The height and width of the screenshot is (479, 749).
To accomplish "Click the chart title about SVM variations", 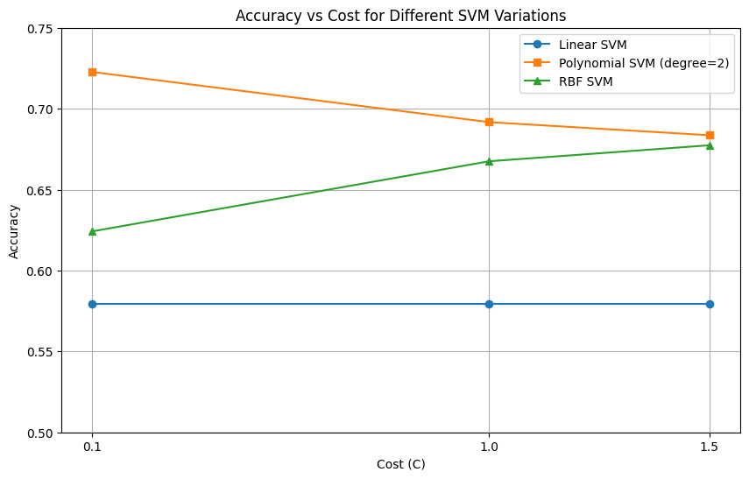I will (400, 15).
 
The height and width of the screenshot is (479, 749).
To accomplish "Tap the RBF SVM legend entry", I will (585, 81).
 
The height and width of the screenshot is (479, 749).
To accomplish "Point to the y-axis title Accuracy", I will (14, 230).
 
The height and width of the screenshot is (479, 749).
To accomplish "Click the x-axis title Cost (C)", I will (400, 464).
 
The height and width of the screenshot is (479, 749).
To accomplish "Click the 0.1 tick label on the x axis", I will (92, 447).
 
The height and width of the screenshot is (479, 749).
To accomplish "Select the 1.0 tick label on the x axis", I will (489, 447).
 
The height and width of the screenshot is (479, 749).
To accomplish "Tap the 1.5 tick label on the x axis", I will (710, 447).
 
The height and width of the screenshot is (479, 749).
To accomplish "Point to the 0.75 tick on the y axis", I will (39, 29).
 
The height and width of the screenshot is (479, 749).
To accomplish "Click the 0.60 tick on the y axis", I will (39, 271).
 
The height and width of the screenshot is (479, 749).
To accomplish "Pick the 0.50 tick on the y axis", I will (39, 433).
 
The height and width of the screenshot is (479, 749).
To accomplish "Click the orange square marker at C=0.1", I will (92, 72).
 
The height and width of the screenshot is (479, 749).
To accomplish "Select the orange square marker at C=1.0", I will (489, 122).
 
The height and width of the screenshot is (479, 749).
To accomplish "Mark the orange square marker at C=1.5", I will (710, 135).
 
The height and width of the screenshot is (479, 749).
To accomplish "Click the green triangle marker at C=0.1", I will (92, 231).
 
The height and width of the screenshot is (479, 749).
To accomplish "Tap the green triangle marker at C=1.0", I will (489, 161).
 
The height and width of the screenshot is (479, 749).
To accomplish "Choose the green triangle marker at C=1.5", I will (710, 145).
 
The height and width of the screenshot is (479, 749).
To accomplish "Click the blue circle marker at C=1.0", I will (489, 304).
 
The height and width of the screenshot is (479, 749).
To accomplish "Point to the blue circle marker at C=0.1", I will (92, 304).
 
